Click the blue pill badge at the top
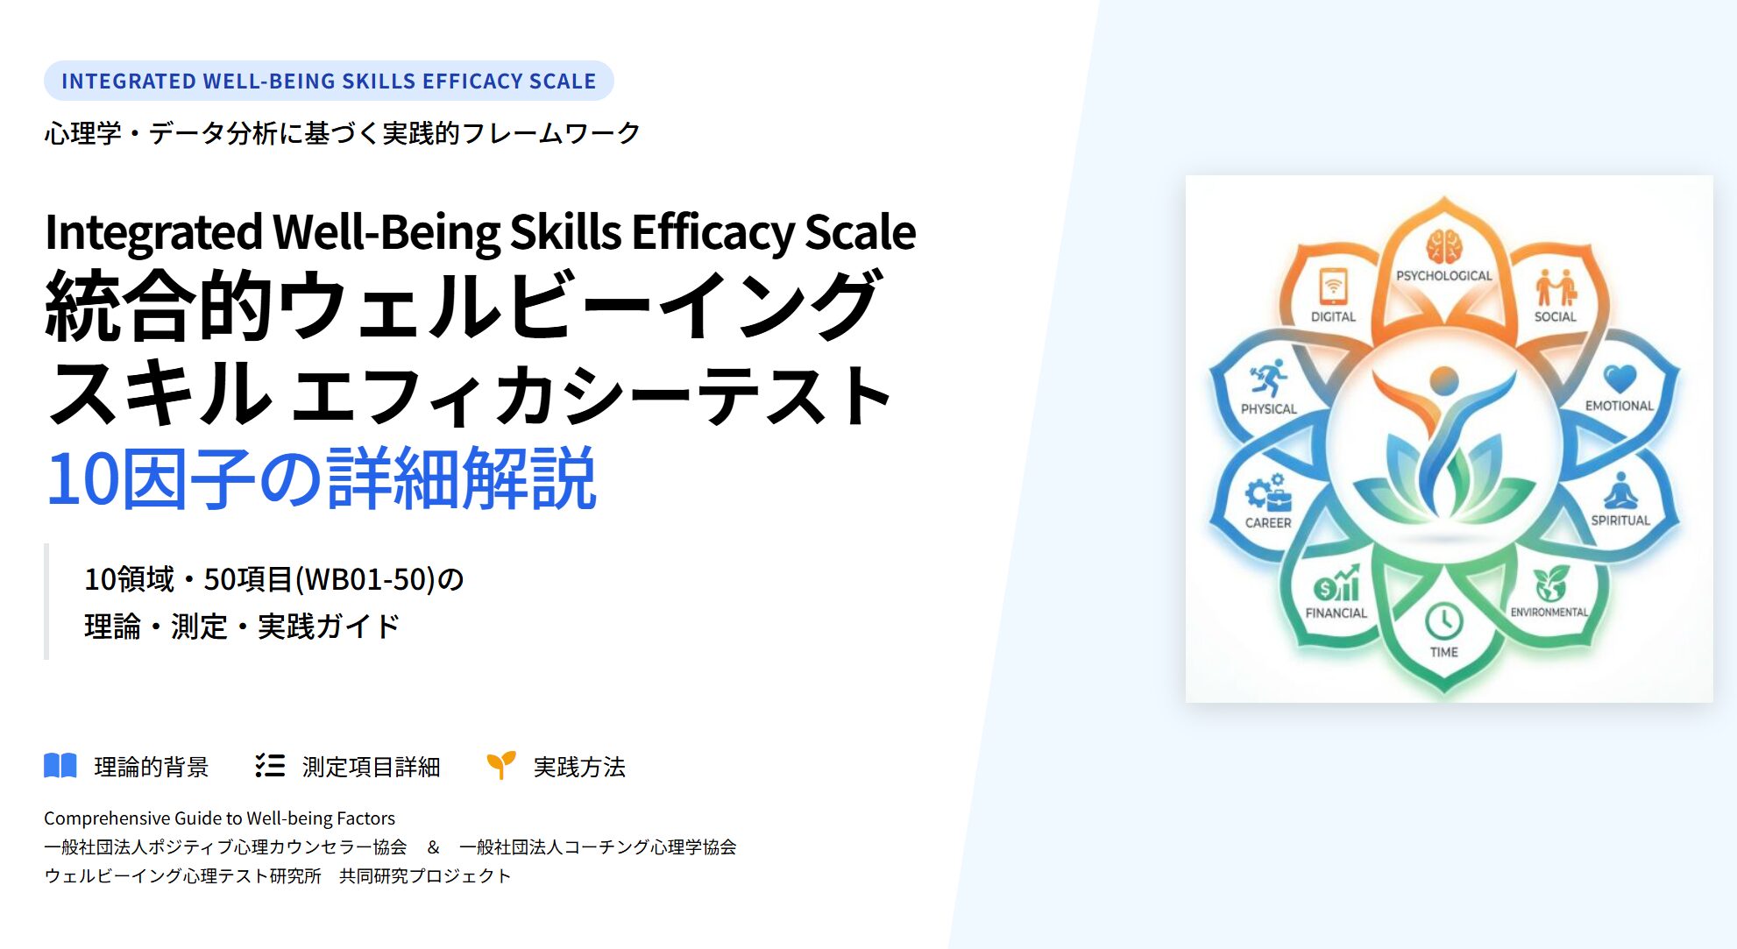tap(329, 81)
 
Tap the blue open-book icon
tap(60, 766)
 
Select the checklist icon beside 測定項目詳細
tap(270, 766)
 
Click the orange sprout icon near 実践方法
tap(500, 765)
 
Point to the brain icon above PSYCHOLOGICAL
tap(1443, 246)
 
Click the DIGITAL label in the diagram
tap(1333, 316)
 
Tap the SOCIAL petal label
tap(1555, 316)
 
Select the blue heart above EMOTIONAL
tap(1619, 379)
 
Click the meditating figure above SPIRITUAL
tap(1620, 492)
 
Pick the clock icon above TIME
tap(1443, 621)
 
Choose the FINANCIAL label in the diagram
tap(1336, 613)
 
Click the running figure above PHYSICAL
tap(1268, 379)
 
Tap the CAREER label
tap(1268, 522)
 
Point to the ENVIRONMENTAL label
tap(1549, 612)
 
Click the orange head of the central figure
tap(1443, 381)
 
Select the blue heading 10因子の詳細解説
tap(321, 478)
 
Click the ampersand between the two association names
tap(433, 846)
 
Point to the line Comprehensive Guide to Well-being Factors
tap(219, 818)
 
